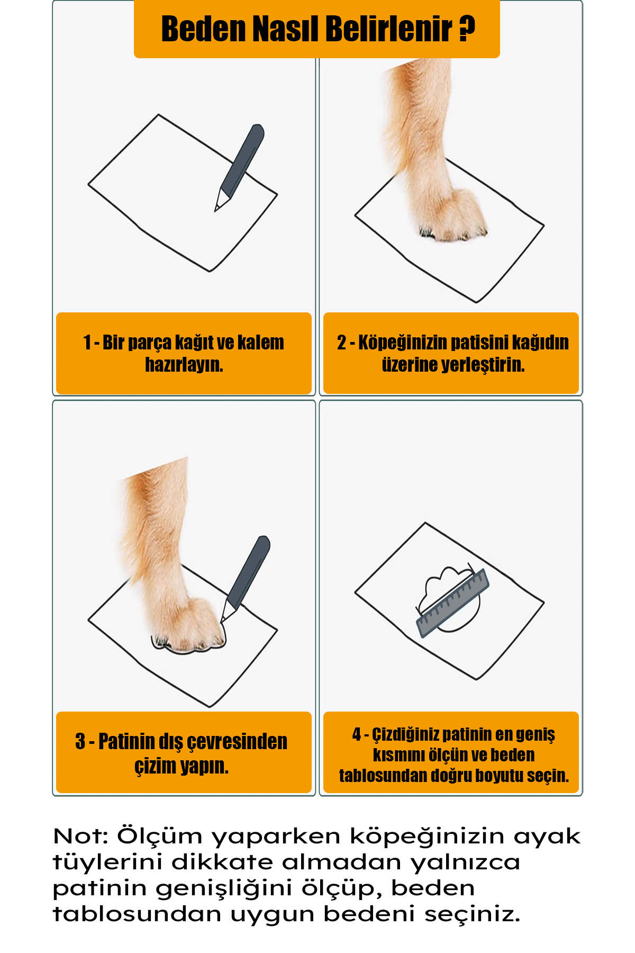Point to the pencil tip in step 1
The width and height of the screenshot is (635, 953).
click(215, 211)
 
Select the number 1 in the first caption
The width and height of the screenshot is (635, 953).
click(87, 343)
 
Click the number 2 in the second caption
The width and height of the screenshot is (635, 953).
click(342, 343)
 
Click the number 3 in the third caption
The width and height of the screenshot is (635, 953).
click(80, 742)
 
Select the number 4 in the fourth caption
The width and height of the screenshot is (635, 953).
click(357, 734)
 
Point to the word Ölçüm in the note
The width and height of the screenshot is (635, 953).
click(160, 836)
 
